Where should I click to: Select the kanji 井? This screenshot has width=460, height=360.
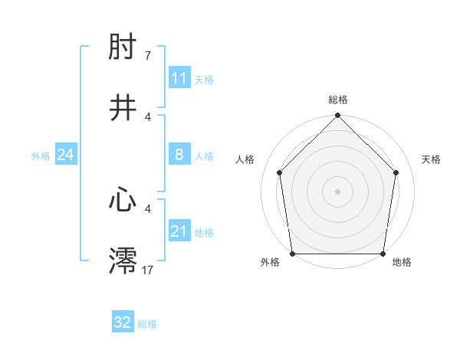123,106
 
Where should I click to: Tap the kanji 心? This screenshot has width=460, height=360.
123,200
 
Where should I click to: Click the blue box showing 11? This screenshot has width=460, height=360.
179,78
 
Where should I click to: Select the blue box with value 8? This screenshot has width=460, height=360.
179,155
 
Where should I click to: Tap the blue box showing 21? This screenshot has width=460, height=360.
179,231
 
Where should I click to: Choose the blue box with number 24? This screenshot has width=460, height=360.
65,155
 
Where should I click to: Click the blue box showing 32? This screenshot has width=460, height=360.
123,322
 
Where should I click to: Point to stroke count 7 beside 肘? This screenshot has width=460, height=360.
148,56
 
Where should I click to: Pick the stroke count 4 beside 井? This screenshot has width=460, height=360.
148,116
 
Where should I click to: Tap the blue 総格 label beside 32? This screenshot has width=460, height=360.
147,324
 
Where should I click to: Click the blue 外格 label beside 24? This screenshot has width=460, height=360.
41,156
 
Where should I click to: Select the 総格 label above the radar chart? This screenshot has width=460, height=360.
338,100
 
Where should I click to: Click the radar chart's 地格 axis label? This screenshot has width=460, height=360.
402,262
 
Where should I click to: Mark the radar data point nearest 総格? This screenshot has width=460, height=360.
337,116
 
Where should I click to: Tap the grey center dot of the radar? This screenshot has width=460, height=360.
337,191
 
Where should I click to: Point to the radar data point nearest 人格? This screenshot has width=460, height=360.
280,172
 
